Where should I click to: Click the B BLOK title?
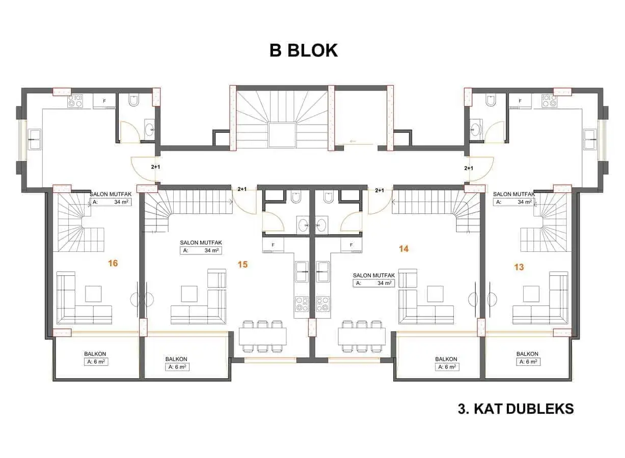[304, 50]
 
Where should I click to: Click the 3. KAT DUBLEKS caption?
[516, 409]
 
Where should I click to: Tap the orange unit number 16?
[113, 263]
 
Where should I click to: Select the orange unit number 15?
[243, 264]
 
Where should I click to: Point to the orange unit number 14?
[404, 249]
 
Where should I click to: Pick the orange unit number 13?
[519, 267]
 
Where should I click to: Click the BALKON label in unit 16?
[95, 354]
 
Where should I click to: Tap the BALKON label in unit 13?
[527, 354]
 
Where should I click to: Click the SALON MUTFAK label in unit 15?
[201, 243]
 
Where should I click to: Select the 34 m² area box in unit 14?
[374, 283]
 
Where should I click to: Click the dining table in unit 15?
[263, 336]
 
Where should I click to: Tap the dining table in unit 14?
[362, 336]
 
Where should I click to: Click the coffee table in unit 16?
[93, 294]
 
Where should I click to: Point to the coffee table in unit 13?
[531, 294]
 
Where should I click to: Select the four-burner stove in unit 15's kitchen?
[302, 304]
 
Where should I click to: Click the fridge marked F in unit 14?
[351, 245]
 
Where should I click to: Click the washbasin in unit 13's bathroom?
[475, 129]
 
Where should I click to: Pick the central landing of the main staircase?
[282, 135]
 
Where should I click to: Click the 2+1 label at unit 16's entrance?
[156, 167]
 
